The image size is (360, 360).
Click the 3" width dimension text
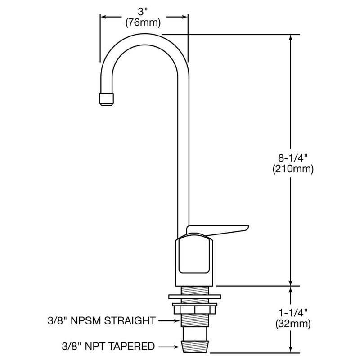tap(144, 9)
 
